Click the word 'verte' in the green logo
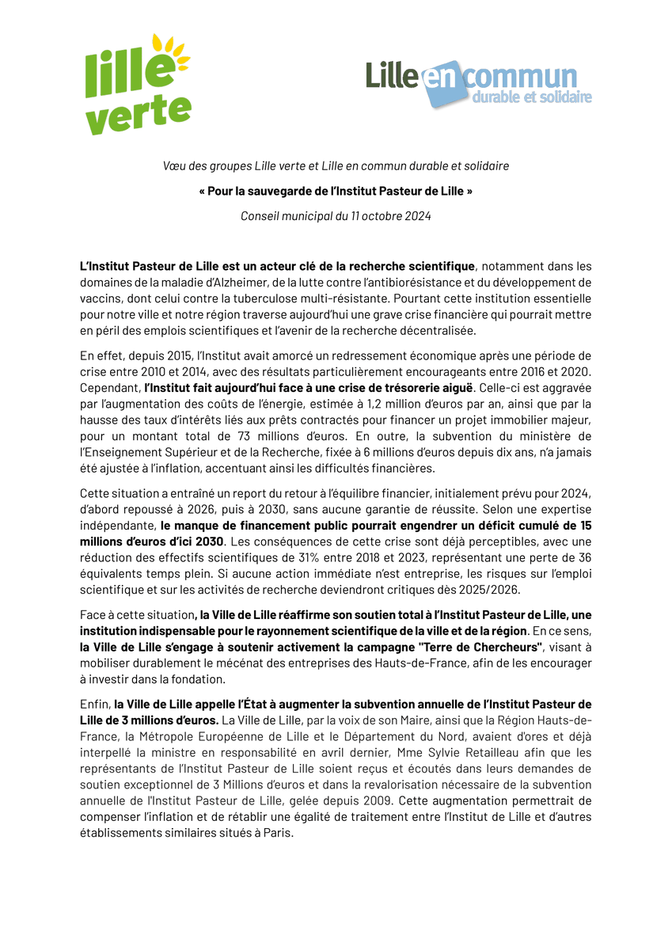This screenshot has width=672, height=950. point(138,113)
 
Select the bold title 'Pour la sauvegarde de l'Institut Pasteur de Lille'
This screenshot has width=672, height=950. point(336,192)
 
